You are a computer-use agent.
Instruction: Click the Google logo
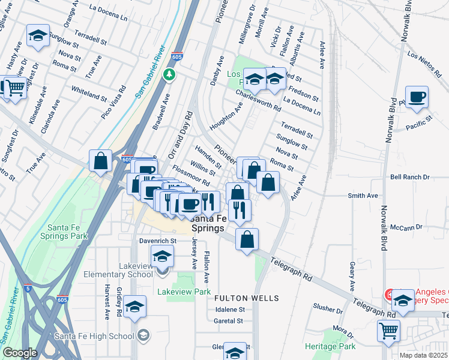20,353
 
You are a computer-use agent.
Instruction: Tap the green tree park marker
170,74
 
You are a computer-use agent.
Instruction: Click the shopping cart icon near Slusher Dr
389,329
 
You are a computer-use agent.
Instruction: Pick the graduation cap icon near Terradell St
38,35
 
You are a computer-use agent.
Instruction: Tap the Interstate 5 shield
28,289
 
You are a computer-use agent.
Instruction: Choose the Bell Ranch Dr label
410,178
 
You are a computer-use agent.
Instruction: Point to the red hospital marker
389,294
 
